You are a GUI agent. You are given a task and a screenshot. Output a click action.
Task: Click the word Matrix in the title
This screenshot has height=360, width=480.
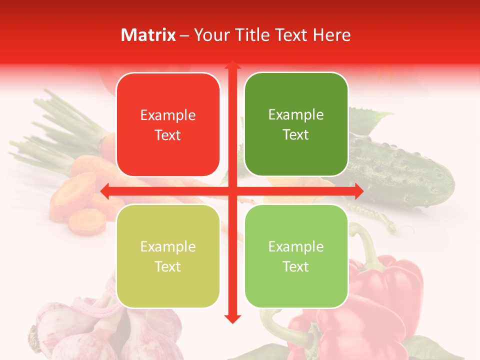coord(148,35)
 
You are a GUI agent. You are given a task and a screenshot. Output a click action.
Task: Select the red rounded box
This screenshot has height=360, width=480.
coord(168,125)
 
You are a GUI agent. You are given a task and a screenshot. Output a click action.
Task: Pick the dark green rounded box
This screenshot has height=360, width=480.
coord(296,124)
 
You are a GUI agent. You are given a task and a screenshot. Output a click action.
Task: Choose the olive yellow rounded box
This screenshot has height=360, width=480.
coord(168,256)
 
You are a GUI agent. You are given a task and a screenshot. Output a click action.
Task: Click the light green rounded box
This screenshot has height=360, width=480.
coord(296,256)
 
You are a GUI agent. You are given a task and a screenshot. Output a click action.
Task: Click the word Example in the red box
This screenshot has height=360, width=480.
coord(168,115)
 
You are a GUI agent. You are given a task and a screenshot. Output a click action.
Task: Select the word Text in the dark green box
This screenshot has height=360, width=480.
coord(296,135)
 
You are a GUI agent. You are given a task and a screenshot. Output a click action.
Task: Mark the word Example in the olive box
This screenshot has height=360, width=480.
coord(168,246)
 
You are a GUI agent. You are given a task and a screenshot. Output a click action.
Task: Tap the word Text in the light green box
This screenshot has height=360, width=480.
coord(296,266)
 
